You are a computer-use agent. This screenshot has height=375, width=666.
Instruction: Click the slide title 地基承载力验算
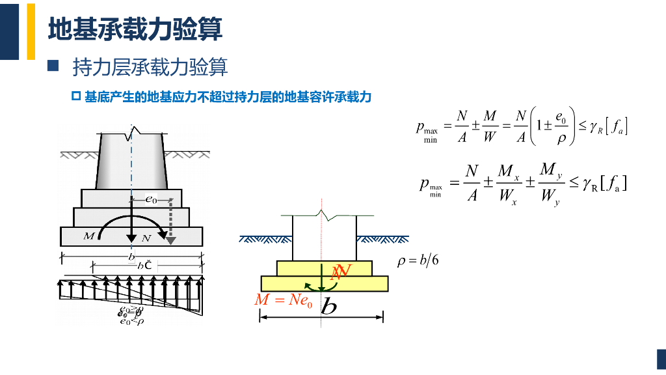135,29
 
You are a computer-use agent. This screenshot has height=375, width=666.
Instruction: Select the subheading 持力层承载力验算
150,67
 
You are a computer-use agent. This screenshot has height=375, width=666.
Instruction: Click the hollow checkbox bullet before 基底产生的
75,97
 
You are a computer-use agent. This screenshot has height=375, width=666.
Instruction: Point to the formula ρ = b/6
418,260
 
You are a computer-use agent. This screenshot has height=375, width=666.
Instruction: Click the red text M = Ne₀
284,300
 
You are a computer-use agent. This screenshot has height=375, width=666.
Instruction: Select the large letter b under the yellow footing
329,305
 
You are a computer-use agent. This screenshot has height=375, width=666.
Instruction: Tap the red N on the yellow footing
340,271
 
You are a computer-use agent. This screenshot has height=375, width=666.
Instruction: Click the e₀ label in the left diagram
150,200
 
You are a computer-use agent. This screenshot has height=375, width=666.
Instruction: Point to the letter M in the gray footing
89,236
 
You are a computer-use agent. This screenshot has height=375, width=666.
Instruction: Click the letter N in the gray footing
146,238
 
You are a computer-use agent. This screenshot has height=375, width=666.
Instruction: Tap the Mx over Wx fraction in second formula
507,184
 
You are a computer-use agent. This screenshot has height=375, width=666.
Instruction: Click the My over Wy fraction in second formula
550,183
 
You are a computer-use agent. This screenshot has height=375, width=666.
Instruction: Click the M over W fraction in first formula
490,126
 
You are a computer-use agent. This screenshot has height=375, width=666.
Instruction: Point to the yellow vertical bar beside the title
31,31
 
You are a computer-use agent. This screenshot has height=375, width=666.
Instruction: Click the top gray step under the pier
131,198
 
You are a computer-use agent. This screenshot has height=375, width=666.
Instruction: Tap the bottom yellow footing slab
325,283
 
